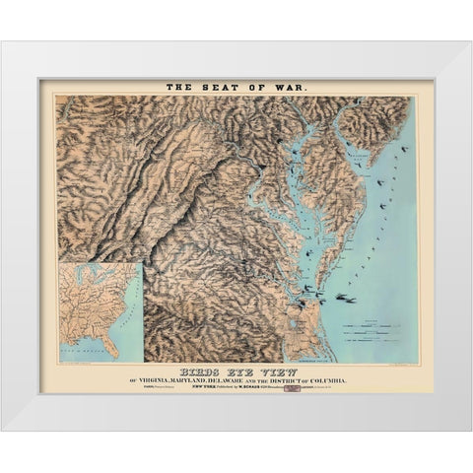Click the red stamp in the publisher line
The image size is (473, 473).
coord(292,391)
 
